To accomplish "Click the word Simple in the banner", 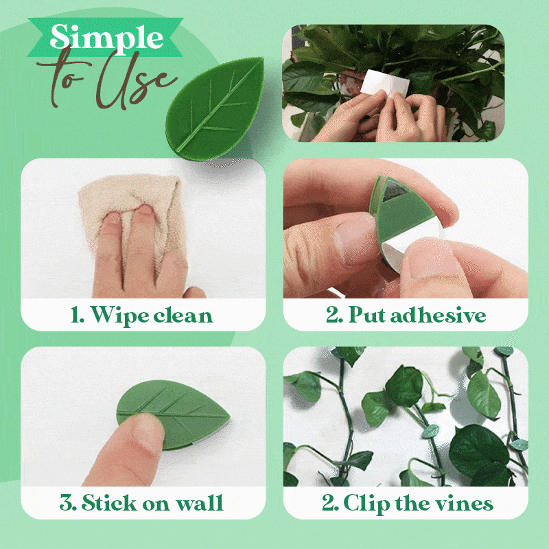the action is pos(107,38).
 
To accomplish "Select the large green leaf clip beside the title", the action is pos(215,109).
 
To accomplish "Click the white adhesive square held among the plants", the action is pos(384,82).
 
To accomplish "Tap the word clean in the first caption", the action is pos(183,316).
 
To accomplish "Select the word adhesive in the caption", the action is pos(438,314).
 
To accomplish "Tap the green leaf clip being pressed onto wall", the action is pos(174,414).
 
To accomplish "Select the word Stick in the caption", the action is pos(110,503).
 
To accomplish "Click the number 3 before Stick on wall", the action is pos(67,503).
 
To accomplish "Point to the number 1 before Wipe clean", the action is pos(77,315).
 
